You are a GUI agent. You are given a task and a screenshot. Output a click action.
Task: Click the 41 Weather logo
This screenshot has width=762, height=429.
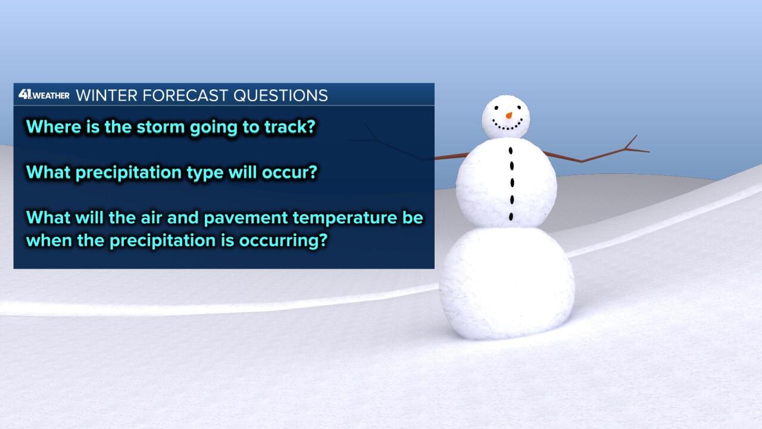coord(44,94)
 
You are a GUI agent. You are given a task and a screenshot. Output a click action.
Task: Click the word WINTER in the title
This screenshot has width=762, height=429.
coord(107,95)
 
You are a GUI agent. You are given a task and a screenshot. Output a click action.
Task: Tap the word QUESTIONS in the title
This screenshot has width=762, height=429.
coord(280,96)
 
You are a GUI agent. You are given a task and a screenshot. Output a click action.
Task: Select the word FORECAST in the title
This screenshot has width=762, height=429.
coord(185,95)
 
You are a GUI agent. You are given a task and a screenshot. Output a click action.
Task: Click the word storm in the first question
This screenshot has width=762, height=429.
coord(161,127)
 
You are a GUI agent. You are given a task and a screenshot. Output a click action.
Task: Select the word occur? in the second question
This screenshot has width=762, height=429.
coord(289,172)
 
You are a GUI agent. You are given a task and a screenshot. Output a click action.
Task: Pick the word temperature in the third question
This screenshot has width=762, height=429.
coord(345,218)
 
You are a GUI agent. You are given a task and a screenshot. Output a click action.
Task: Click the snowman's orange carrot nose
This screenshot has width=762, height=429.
coord(509,116)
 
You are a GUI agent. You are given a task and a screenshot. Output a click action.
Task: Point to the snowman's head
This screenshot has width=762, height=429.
coord(506,117)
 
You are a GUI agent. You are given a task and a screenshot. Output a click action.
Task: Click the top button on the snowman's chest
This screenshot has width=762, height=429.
coord(511,150)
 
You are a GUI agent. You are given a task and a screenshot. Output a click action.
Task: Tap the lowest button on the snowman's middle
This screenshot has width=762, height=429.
coord(511,216)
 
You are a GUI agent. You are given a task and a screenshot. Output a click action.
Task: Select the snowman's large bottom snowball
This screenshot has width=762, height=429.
coord(507,283)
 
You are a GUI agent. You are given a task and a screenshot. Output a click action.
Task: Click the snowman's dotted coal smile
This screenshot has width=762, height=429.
coord(507,125)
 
